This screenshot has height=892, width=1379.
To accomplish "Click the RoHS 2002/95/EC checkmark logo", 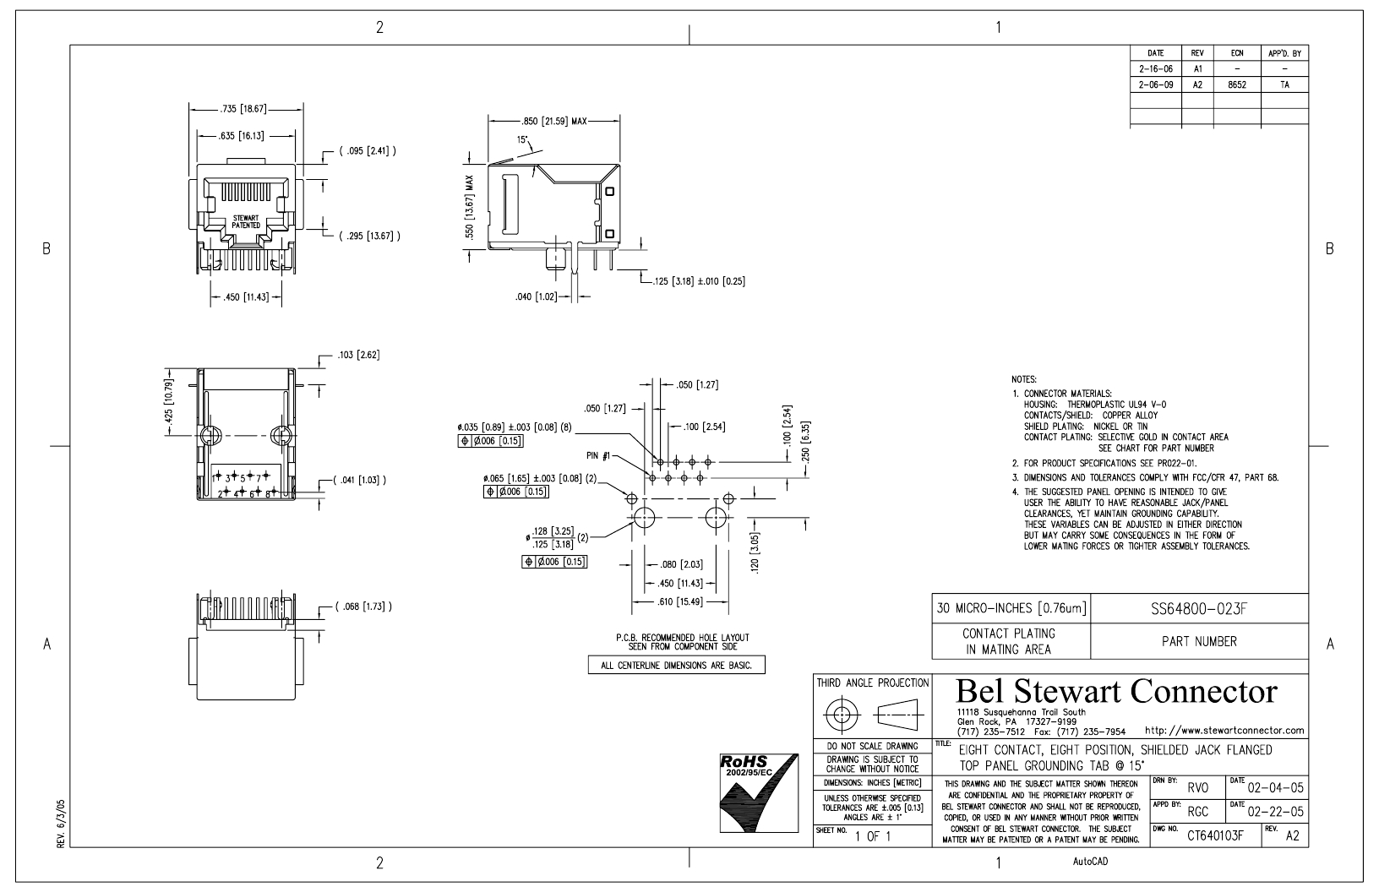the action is point(759,793).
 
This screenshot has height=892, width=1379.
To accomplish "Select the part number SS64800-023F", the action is point(1199,609).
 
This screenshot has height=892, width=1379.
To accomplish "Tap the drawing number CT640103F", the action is point(1215,835).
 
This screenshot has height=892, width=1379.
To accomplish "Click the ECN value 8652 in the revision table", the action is point(1237,85).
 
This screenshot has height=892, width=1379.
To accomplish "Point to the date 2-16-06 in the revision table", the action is point(1156,69).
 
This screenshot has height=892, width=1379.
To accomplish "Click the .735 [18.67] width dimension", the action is point(243,109).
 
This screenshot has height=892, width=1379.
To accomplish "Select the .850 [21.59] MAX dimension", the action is point(554,122).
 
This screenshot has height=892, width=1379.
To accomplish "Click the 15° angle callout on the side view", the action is point(523,140).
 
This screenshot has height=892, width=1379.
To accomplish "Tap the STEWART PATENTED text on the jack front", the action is point(246,222).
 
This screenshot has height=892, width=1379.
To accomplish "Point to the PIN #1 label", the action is point(597,456).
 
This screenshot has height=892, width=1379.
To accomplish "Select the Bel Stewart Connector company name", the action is point(1116,691).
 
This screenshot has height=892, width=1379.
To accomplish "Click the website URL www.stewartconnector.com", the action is point(1224,731).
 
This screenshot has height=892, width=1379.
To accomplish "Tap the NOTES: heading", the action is point(1024,379).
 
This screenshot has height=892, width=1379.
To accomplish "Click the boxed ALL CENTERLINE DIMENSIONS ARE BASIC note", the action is point(677,666).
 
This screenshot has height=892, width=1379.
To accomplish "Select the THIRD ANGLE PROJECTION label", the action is point(872,683).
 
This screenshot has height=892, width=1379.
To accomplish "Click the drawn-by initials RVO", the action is point(1198,788).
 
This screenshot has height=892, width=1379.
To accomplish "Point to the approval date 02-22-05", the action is point(1276,812).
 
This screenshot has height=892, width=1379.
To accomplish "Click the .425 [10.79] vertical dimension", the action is point(170,401).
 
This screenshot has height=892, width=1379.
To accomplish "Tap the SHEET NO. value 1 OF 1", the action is point(873,836).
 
